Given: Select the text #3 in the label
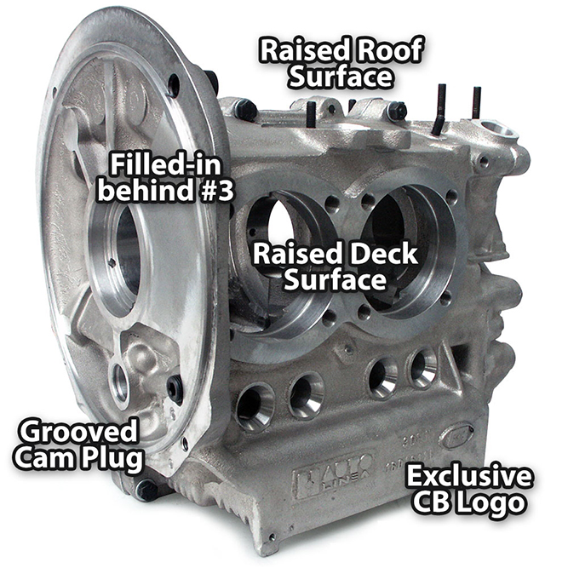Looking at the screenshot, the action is [216, 190].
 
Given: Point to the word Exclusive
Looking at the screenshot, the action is [469, 477].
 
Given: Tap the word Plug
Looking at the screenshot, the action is [111, 458].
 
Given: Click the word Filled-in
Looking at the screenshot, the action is [165, 165].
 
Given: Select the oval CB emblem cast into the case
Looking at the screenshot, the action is [457, 436].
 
